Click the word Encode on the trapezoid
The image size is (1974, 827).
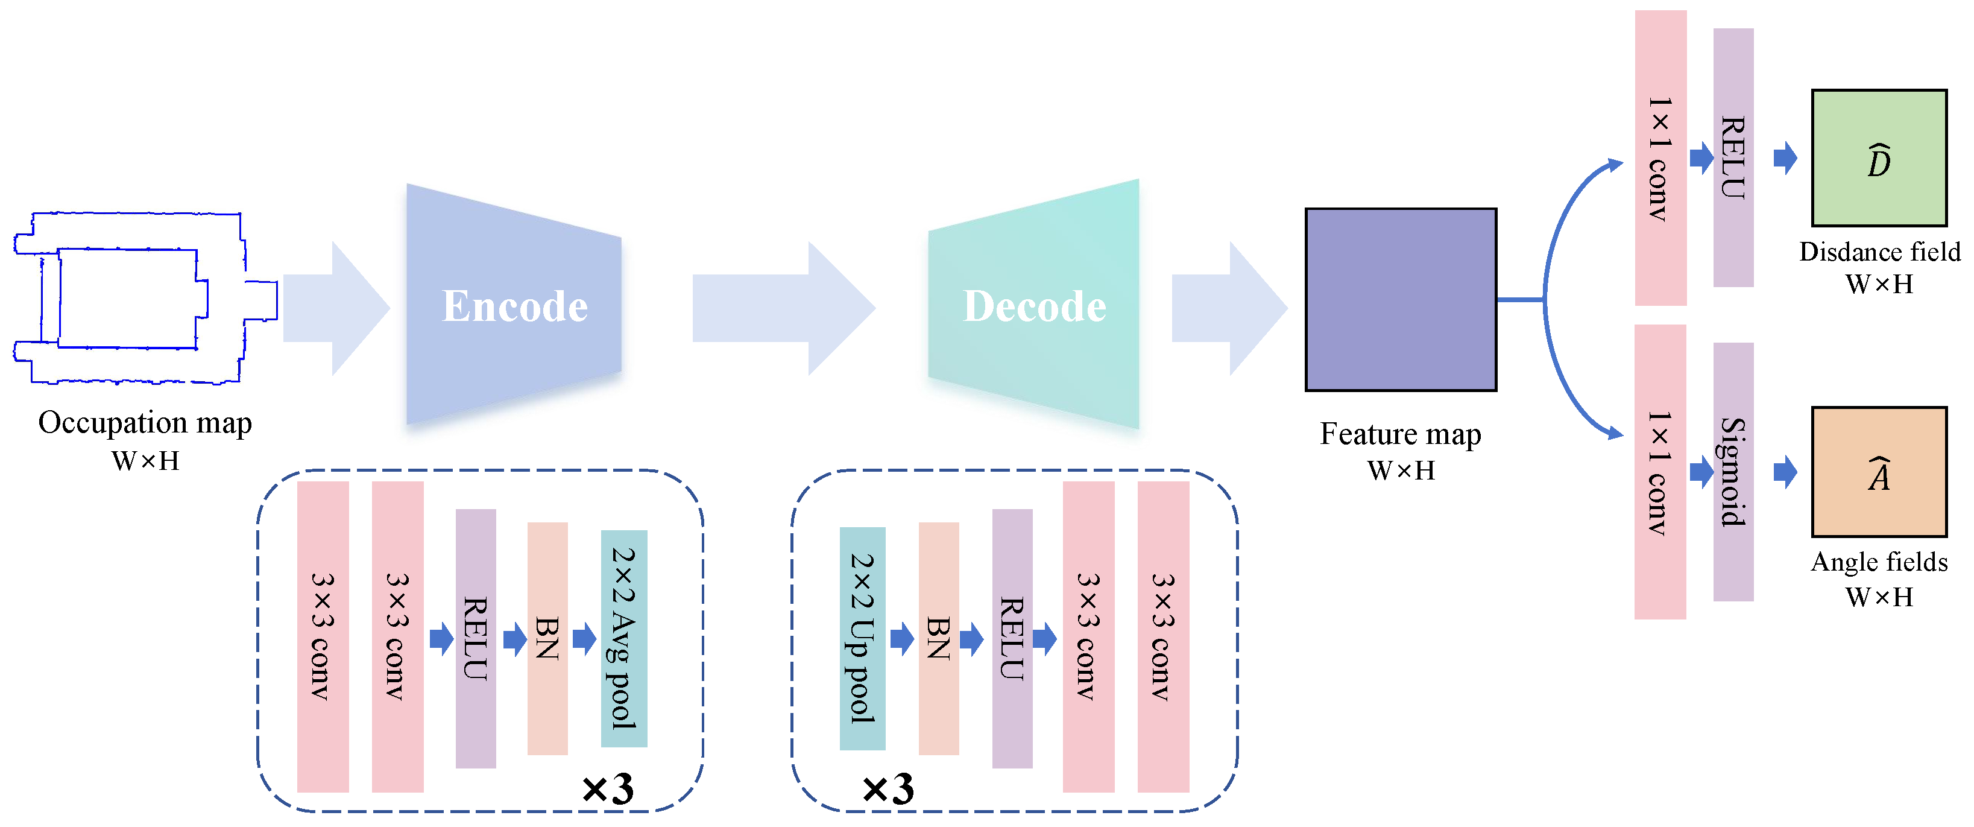click(515, 306)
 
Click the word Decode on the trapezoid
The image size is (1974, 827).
click(1035, 306)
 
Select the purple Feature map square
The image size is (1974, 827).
click(1400, 300)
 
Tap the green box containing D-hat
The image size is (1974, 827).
click(1878, 158)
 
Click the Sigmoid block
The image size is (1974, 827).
click(1733, 471)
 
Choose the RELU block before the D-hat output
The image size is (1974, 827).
click(1733, 157)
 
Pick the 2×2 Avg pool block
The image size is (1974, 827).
click(624, 638)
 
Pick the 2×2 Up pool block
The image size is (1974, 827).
click(862, 638)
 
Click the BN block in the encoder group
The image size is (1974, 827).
click(547, 638)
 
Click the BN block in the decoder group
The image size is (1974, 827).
click(938, 638)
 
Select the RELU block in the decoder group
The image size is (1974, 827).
click(1012, 638)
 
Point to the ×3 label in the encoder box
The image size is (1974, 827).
click(608, 788)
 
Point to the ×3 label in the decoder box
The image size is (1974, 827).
click(888, 788)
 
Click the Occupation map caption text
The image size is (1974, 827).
click(145, 423)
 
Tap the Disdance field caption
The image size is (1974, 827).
click(1879, 252)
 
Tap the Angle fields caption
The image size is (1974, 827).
click(1879, 562)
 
